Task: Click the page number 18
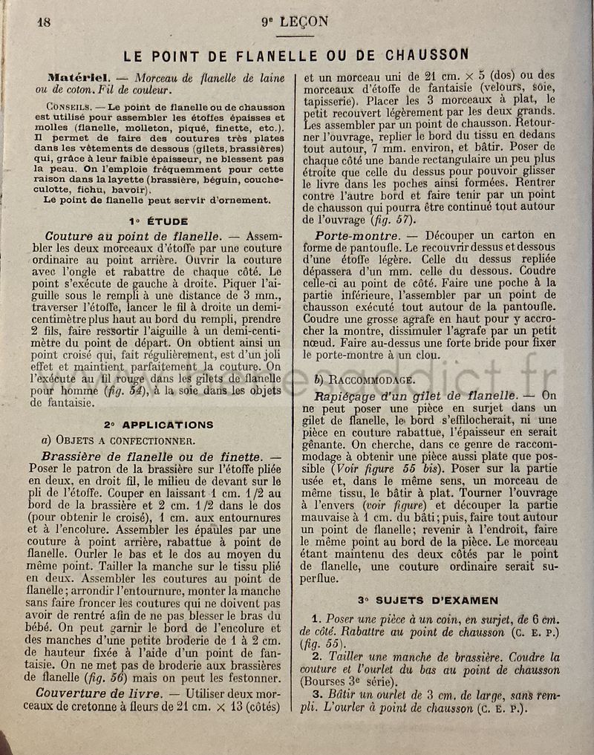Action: [44, 21]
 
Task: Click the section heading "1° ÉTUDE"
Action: [158, 220]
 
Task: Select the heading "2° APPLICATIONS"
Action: [158, 425]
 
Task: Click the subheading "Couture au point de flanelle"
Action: [126, 237]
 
